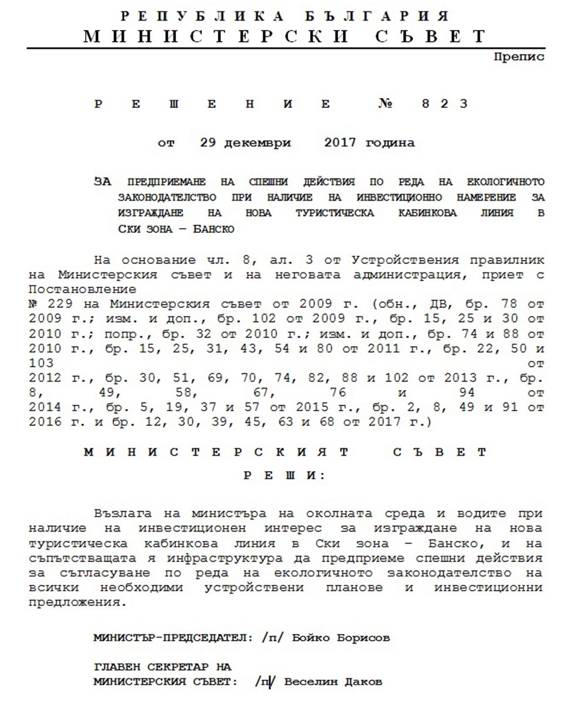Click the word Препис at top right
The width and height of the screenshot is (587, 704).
519,57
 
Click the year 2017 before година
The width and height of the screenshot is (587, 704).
340,143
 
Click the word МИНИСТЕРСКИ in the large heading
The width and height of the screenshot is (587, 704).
217,36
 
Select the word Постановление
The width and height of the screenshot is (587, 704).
82,290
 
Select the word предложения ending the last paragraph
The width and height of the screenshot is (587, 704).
78,603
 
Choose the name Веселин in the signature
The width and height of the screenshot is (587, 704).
315,682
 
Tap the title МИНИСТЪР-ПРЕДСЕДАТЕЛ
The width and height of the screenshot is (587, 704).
176,638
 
